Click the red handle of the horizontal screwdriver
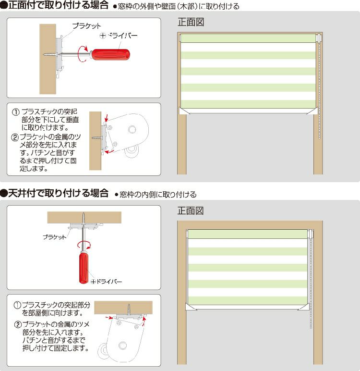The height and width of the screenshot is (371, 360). tap(110, 55)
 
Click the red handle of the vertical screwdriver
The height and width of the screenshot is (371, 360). tap(84, 268)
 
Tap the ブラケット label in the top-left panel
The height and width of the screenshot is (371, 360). tap(86, 26)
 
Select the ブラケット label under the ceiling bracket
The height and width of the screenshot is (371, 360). tap(55, 237)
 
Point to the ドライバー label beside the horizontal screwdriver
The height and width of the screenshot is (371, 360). tap(119, 36)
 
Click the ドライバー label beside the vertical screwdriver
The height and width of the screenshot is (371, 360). tap(107, 282)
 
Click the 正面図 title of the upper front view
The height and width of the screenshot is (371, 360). tap(191, 22)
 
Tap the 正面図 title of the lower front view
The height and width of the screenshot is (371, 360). tap(191, 210)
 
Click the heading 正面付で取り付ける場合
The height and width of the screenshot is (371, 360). tap(59, 5)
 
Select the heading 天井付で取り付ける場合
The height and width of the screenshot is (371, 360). tap(59, 193)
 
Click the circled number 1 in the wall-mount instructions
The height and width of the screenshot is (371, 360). tap(16, 112)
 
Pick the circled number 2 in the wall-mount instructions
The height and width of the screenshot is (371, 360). tap(15, 137)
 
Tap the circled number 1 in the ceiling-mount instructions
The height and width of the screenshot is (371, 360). tap(17, 305)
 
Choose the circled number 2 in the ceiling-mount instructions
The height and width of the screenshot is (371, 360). tap(18, 324)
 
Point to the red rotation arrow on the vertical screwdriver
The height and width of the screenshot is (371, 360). tap(84, 245)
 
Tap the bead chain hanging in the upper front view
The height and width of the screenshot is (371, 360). tap(320, 90)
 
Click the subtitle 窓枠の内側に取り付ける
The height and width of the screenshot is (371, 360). tap(158, 195)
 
